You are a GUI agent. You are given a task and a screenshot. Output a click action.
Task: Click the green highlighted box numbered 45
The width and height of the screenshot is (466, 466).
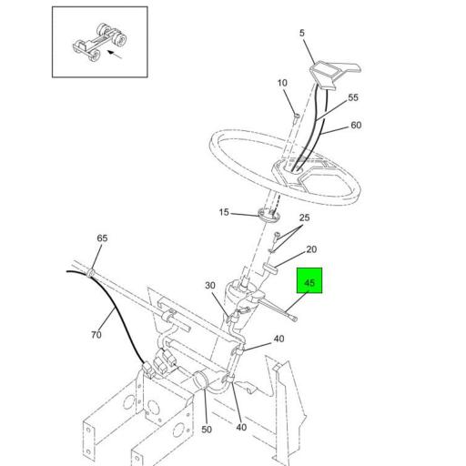(309, 280)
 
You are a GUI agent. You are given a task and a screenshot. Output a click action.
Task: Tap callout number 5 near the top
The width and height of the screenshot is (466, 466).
(301, 33)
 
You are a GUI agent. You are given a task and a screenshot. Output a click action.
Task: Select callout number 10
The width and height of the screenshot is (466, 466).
(282, 83)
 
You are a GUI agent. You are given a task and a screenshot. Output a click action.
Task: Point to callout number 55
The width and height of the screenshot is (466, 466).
(353, 97)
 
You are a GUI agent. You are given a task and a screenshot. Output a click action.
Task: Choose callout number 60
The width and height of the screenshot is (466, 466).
(356, 126)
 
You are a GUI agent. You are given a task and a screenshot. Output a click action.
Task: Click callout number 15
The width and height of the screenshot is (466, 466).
(224, 212)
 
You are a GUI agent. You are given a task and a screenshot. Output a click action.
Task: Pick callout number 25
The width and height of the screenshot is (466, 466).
(304, 218)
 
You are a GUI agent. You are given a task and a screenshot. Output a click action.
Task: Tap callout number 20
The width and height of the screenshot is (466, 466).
(311, 249)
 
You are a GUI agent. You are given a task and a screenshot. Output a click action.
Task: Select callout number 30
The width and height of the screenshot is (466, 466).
(210, 286)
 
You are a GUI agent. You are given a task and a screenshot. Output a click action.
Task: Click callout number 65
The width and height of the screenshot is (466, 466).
(102, 238)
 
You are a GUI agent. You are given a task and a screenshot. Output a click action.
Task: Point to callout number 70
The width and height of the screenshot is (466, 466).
(96, 335)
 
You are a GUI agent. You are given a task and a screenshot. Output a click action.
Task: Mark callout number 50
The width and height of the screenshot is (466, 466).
(207, 430)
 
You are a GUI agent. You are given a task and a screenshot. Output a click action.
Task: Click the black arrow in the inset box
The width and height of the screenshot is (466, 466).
(115, 55)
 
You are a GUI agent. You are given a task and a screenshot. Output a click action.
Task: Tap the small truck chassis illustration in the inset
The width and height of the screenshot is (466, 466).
(99, 42)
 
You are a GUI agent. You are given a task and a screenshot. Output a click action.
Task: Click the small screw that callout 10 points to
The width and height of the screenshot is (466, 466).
(297, 117)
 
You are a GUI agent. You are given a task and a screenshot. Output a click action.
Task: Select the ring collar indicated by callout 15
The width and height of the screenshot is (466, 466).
(268, 216)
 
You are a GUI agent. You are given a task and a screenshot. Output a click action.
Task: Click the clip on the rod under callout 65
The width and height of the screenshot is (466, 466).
(91, 272)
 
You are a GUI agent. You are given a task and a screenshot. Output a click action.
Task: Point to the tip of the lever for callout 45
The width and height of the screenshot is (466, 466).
(295, 319)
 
